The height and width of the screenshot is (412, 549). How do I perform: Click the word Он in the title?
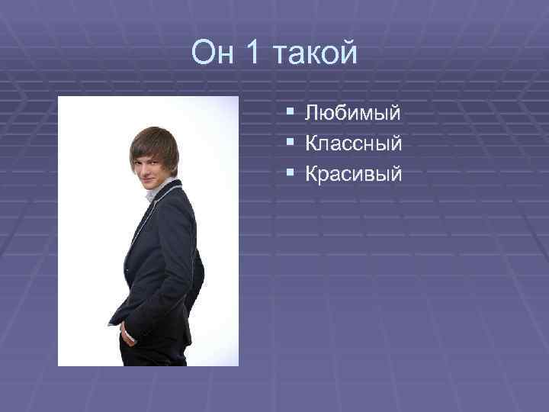tap(214, 53)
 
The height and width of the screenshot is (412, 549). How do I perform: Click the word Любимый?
tap(352, 114)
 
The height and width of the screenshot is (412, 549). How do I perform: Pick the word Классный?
tap(353, 144)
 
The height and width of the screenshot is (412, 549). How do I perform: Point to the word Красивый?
tap(353, 175)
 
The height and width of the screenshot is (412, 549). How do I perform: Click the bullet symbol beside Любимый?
tap(291, 114)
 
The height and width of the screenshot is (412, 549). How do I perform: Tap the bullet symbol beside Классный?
tap(291, 143)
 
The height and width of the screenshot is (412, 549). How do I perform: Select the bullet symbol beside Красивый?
tap(291, 174)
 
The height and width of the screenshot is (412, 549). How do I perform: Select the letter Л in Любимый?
tap(313, 114)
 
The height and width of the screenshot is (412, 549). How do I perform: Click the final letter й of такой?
tap(349, 53)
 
